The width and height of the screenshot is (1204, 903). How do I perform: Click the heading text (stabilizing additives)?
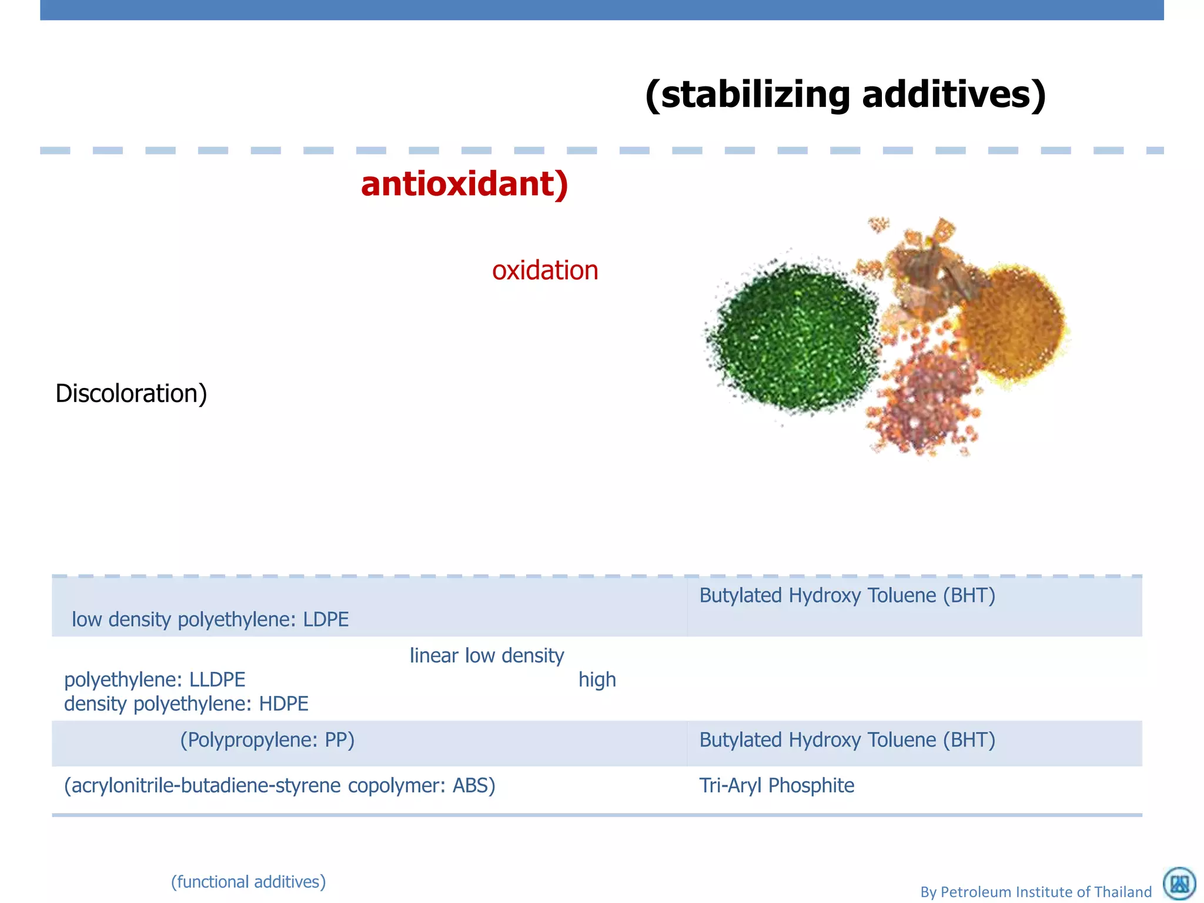pos(845,95)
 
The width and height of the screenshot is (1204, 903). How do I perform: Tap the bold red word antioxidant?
pos(464,184)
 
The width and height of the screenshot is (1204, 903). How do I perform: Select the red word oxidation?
pos(545,270)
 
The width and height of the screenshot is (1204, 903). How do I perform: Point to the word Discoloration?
pos(131,393)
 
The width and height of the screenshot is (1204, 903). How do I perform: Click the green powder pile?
pos(794,338)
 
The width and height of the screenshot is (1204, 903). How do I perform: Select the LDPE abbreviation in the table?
pos(326,620)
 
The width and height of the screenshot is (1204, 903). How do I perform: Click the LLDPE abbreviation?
pos(217,680)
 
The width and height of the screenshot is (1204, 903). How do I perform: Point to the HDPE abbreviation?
pos(284,704)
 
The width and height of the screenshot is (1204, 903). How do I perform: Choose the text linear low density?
pos(487,655)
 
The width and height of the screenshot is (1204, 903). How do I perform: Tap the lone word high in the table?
pos(597,680)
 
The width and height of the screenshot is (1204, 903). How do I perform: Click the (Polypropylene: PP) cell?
pos(267,740)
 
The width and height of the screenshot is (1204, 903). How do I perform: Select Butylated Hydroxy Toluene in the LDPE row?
pos(847,596)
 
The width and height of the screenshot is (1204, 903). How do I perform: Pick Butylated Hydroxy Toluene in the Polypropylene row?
pos(847,740)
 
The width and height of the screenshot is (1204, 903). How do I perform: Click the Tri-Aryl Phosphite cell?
pos(776,785)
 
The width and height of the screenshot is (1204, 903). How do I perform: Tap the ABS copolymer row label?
pos(280,785)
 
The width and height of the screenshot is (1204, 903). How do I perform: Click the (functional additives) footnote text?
pos(248,882)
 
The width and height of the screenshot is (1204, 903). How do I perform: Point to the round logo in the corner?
pos(1179,884)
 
